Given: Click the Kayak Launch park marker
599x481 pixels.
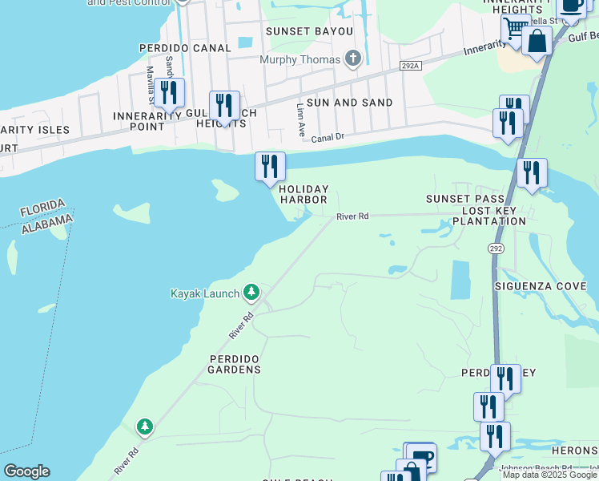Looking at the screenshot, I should point(251,291).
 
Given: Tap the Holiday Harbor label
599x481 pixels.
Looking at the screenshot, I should point(304,194).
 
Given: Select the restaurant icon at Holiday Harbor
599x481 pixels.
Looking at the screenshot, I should point(270,166).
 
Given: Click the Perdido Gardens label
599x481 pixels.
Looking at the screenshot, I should point(235,363).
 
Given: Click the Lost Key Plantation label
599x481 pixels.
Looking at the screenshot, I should point(488,220).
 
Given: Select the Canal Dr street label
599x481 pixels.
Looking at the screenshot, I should point(328,137).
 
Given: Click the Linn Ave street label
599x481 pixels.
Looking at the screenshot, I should point(301,117).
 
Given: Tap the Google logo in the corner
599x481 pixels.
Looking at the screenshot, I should point(26,471).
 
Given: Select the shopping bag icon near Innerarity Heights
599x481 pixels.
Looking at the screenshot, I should point(537,41).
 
